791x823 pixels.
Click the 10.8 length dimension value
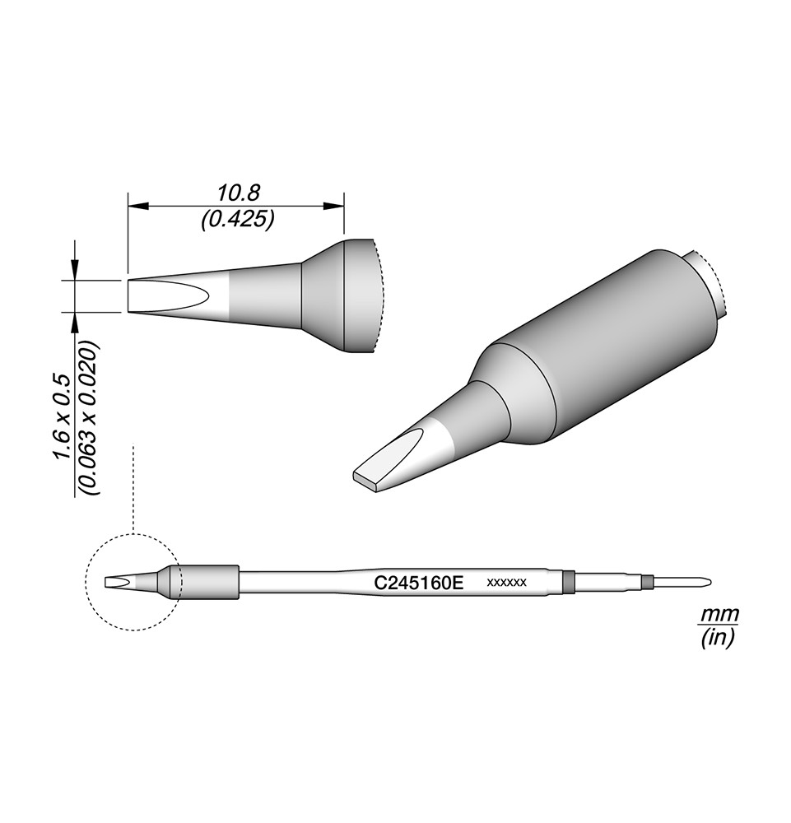[239, 193]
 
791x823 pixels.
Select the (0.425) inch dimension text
[238, 220]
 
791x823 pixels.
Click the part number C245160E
[418, 583]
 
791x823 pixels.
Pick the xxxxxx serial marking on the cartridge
[506, 583]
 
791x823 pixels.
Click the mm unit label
[720, 614]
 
